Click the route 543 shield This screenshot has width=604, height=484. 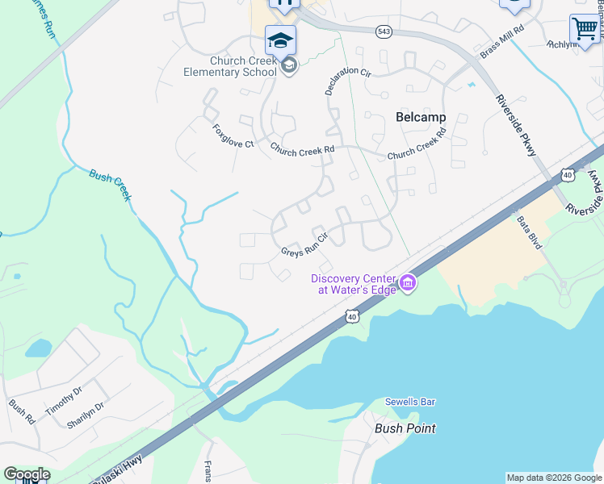[384, 31]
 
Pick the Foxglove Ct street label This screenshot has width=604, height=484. [233, 136]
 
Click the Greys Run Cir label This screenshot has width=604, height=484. [303, 245]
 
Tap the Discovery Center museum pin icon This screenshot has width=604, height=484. [408, 282]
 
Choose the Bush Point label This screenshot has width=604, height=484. [405, 428]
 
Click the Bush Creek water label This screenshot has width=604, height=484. [111, 181]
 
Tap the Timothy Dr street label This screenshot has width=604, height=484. [64, 399]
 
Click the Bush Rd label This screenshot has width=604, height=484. [22, 413]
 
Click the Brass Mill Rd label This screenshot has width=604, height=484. [501, 40]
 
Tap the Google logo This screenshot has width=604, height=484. [27, 474]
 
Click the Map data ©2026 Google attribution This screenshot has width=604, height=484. [554, 478]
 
